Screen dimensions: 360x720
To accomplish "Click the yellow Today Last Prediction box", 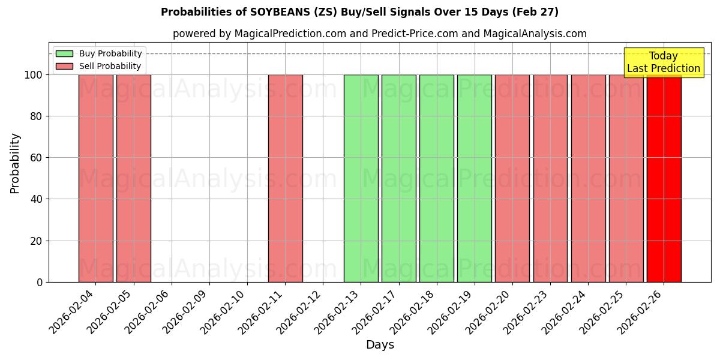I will click(663, 62).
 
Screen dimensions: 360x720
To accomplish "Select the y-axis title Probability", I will click(15, 163).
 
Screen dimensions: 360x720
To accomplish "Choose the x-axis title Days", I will click(380, 345).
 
